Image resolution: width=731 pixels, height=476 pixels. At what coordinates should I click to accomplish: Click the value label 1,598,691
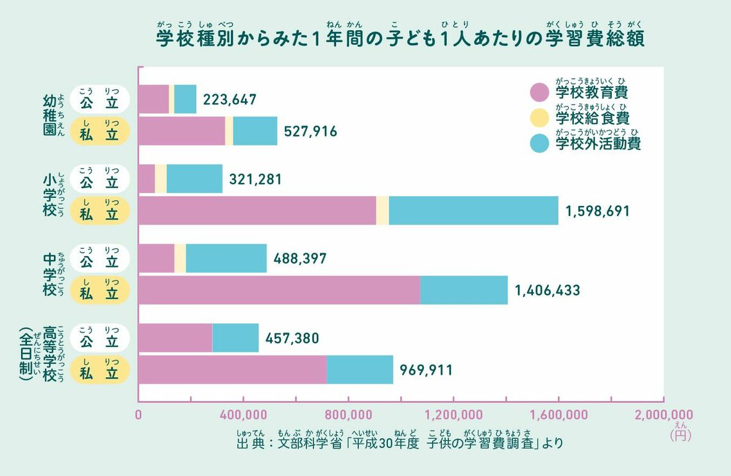598,211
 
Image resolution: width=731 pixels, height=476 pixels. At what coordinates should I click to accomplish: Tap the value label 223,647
230,99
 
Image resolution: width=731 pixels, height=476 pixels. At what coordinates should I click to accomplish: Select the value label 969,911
426,370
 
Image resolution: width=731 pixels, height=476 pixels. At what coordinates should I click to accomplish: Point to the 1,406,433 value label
547,291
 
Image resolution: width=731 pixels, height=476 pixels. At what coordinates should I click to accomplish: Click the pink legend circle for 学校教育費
540,92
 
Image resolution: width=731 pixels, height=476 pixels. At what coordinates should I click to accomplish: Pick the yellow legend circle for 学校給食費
540,118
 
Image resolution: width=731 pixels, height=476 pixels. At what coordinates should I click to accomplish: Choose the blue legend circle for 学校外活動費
540,144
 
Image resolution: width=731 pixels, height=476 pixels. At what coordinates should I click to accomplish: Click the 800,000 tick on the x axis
349,415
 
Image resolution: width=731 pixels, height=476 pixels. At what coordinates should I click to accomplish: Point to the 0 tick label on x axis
139,415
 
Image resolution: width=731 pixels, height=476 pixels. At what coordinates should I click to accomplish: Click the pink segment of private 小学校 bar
256,211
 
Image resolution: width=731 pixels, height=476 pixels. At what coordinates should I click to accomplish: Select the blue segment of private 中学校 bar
464,291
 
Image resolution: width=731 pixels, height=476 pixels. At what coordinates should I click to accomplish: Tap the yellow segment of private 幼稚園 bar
229,131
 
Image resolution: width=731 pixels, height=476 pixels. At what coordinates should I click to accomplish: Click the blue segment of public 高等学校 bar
235,338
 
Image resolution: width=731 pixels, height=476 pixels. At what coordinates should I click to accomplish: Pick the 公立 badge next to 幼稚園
99,99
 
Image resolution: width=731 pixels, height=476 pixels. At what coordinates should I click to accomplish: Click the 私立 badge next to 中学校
99,291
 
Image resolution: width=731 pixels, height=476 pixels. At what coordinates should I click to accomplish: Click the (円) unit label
680,435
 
